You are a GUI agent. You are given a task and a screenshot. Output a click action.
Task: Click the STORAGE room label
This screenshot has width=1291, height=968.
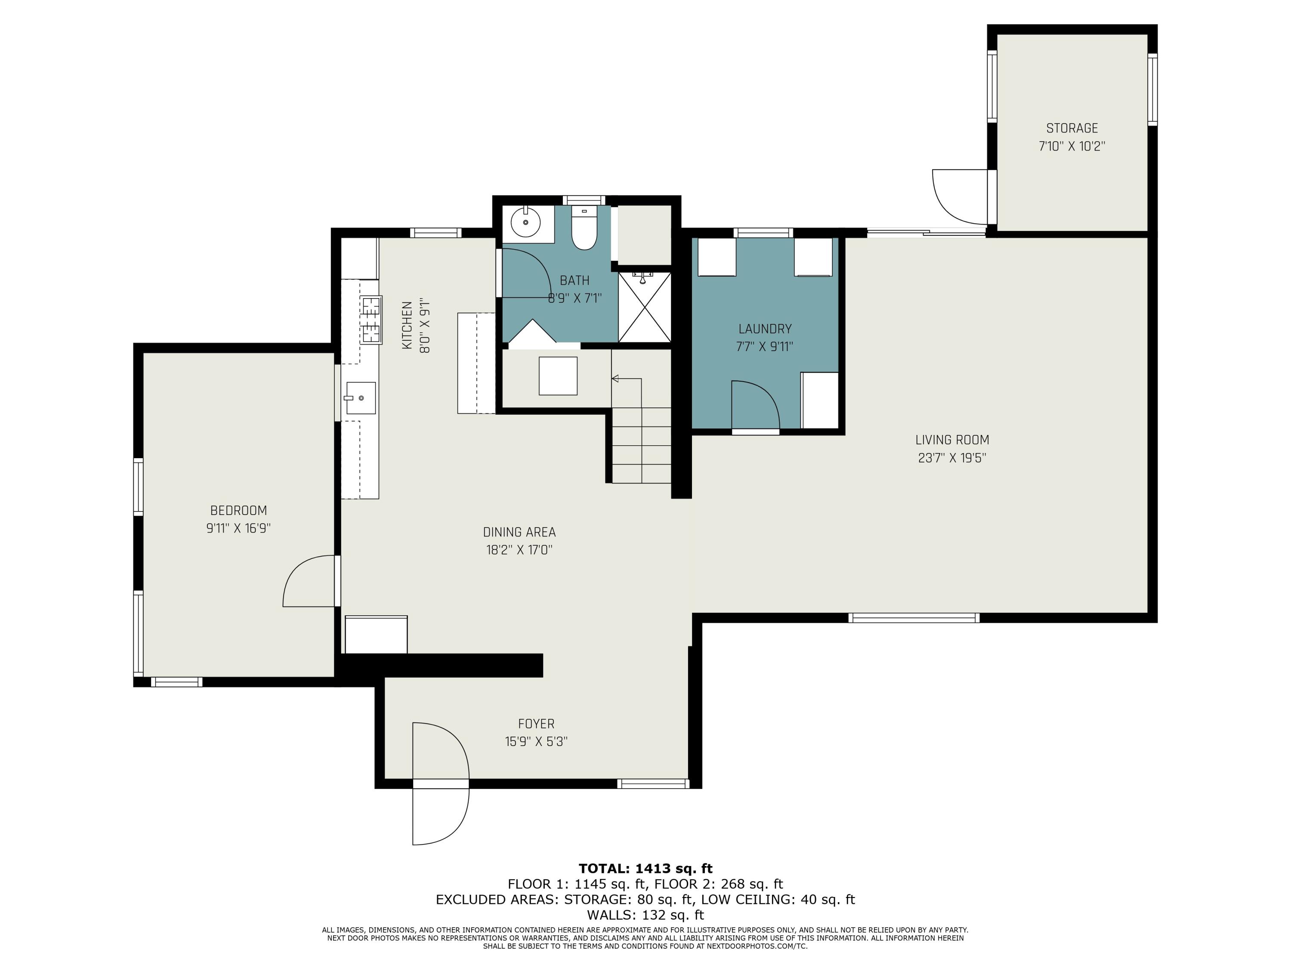(1072, 128)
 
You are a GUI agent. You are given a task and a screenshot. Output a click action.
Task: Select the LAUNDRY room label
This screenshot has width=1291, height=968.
(765, 329)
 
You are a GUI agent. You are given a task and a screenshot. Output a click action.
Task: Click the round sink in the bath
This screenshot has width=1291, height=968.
(526, 222)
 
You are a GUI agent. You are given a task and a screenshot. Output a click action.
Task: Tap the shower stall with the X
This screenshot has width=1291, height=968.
(644, 307)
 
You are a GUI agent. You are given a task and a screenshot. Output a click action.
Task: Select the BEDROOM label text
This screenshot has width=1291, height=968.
(238, 511)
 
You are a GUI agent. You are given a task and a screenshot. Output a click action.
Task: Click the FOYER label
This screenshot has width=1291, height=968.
(536, 724)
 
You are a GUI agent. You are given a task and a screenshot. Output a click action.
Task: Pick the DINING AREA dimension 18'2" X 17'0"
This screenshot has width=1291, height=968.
(519, 550)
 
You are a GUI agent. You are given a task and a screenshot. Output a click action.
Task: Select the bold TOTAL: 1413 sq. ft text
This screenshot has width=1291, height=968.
(645, 869)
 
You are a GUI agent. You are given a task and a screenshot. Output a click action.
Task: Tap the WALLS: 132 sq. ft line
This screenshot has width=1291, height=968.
(645, 915)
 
